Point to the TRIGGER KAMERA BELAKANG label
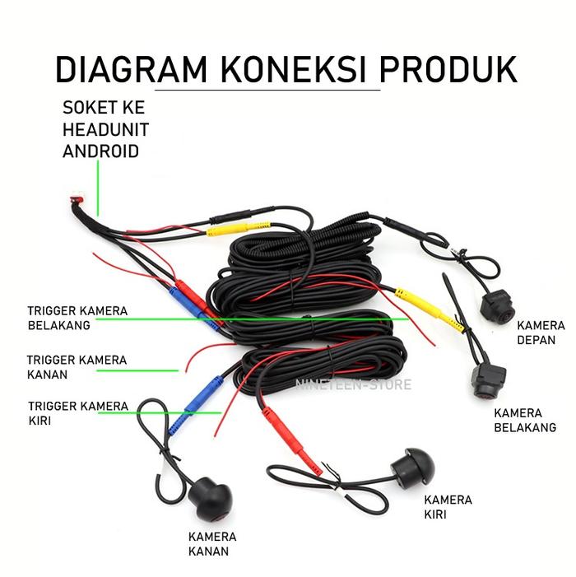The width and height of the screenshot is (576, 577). (x=77, y=318)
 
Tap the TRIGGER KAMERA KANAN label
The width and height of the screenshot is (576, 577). (x=76, y=367)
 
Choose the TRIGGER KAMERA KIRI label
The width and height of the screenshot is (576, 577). (x=77, y=413)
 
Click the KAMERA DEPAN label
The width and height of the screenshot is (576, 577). (x=541, y=333)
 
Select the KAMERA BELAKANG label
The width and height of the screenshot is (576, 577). (x=524, y=420)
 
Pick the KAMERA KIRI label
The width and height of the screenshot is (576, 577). (x=448, y=507)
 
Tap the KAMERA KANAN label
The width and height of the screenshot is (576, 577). (x=212, y=543)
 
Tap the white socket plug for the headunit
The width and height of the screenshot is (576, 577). (x=77, y=198)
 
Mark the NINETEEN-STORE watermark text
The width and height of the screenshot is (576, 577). (x=353, y=384)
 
